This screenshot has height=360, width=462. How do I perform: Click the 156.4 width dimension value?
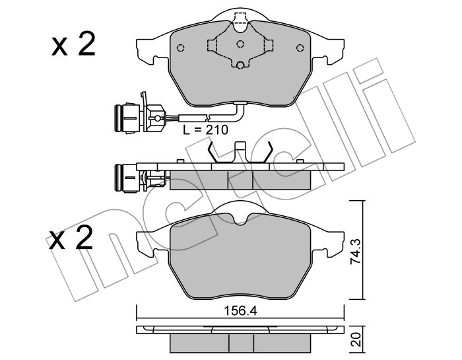(x=240, y=311)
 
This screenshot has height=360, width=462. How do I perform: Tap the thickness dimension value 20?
(x=356, y=340)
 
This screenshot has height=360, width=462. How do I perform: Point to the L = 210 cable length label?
(x=205, y=129)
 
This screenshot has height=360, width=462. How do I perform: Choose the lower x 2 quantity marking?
(x=71, y=238)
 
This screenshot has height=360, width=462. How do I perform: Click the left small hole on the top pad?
(x=181, y=48)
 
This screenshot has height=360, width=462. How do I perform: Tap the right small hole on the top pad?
(x=300, y=48)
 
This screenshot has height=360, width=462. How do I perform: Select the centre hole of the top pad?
(x=240, y=44)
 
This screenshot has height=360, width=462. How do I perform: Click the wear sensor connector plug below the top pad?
(x=139, y=118)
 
